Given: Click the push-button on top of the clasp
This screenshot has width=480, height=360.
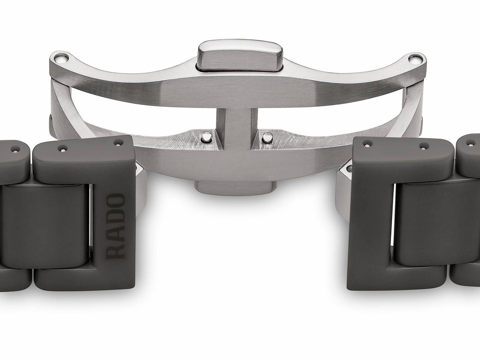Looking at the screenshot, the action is click(x=240, y=55).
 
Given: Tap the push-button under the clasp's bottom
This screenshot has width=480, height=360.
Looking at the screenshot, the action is click(x=236, y=188).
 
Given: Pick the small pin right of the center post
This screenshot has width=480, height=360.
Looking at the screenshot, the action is click(x=266, y=137).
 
